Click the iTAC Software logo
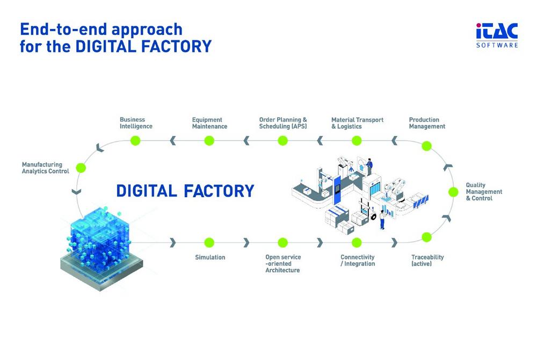tap(497, 35)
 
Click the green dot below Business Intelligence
tap(136, 140)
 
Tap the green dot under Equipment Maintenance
tap(209, 140)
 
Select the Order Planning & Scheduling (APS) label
tap(283, 123)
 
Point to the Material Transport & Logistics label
tap(357, 123)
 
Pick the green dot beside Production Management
tap(426, 146)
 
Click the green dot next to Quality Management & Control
tap(453, 192)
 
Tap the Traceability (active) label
tap(427, 260)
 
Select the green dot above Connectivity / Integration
tap(357, 242)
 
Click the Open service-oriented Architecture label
tap(283, 263)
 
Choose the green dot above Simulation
tap(209, 242)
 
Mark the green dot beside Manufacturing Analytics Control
tap(81, 168)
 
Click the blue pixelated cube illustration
tap(101, 248)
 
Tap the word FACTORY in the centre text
tap(219, 191)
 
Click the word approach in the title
tap(147, 30)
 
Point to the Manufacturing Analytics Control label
tap(46, 168)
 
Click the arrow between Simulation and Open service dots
tap(246, 242)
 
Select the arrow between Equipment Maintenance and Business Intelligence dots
tap(172, 140)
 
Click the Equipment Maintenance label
tap(209, 123)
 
